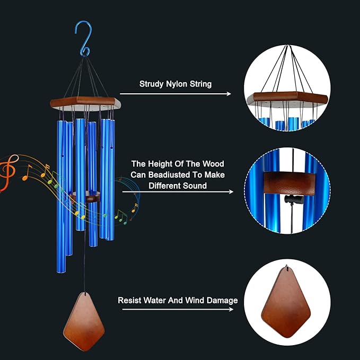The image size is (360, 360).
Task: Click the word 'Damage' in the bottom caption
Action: (x=221, y=301)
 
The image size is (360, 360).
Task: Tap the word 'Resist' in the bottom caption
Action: (x=130, y=301)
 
